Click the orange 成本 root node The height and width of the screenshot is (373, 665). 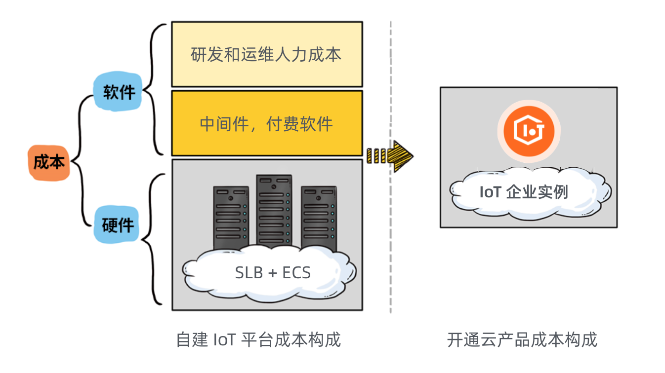pyautogui.click(x=48, y=162)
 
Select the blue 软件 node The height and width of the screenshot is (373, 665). pyautogui.click(x=119, y=92)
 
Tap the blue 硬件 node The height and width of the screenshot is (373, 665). pyautogui.click(x=118, y=225)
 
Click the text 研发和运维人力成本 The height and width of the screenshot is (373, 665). pyautogui.click(x=266, y=54)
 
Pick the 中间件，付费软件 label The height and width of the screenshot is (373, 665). pyautogui.click(x=266, y=124)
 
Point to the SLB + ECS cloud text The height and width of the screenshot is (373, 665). pyautogui.click(x=273, y=272)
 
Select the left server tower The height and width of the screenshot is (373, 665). pyautogui.click(x=231, y=217)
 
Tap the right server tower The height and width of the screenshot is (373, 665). pyautogui.click(x=319, y=217)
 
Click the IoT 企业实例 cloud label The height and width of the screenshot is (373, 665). pyautogui.click(x=524, y=191)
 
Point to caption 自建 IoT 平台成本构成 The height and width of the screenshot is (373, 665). pyautogui.click(x=258, y=340)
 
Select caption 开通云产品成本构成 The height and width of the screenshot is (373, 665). pyautogui.click(x=522, y=340)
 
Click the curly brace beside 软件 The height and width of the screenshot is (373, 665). pyautogui.click(x=154, y=89)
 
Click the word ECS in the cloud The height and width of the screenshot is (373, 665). pyautogui.click(x=296, y=272)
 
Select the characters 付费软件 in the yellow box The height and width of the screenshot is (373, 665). pyautogui.click(x=299, y=124)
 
